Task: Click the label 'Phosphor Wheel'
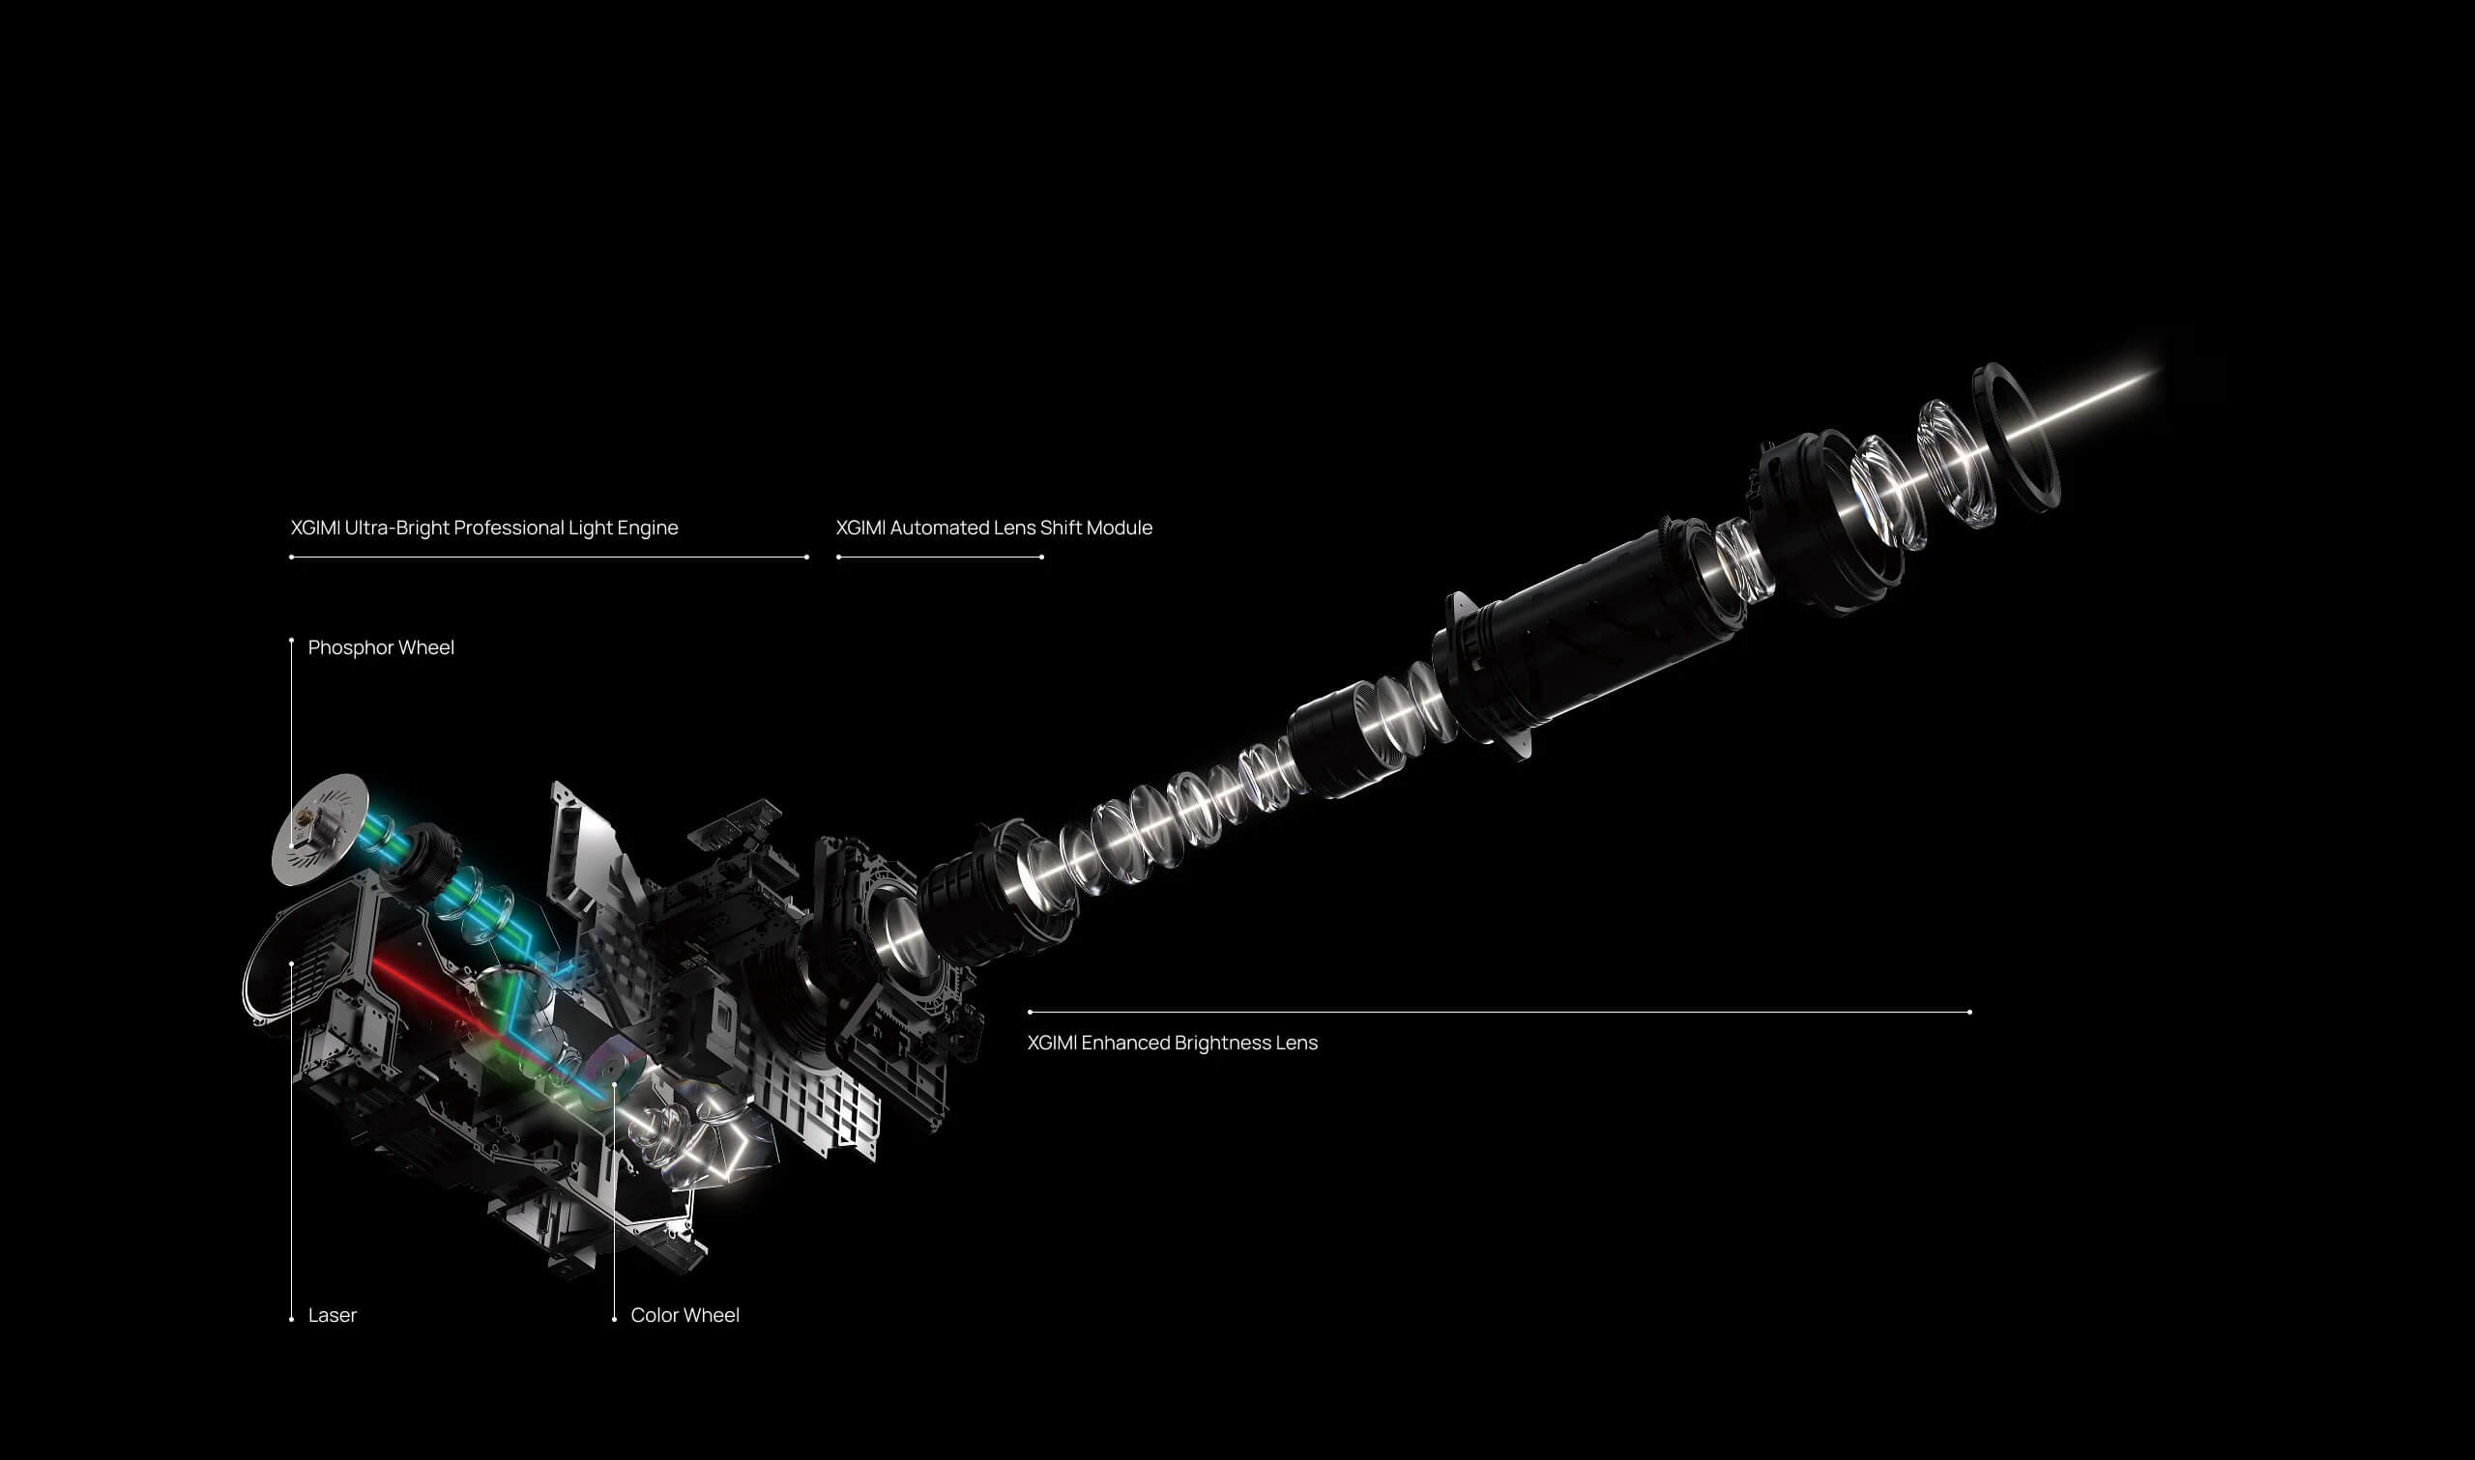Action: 381,647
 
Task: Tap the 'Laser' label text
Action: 332,1314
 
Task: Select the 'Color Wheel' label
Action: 684,1314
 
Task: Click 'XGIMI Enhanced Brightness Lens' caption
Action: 1172,1042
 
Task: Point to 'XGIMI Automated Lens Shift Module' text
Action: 994,528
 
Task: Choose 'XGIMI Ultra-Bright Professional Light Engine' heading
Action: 484,528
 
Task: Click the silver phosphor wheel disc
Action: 319,828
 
